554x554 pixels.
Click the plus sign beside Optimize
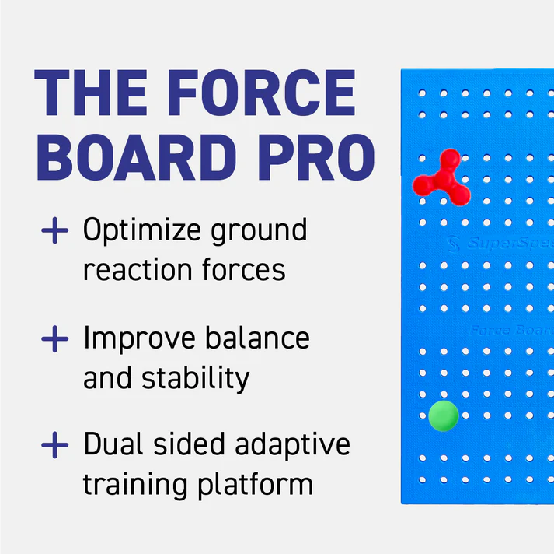tap(54, 231)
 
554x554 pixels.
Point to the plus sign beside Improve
tap(54, 339)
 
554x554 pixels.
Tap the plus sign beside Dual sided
tap(54, 446)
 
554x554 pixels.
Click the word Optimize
tap(141, 232)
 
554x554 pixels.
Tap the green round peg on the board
tap(443, 415)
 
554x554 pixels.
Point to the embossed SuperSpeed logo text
tap(505, 244)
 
